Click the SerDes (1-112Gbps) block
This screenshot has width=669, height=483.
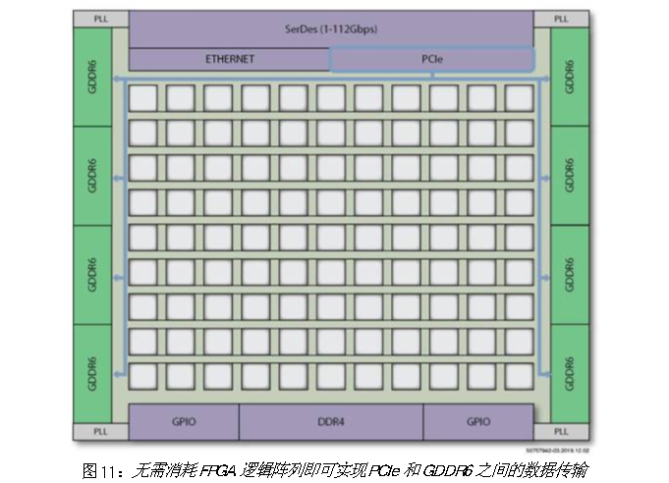point(331,28)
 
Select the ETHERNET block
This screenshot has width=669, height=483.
point(229,59)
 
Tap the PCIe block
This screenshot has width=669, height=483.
point(432,59)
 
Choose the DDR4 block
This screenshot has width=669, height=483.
point(330,422)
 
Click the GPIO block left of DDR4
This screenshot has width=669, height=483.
point(184,422)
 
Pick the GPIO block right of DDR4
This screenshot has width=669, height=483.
point(478,422)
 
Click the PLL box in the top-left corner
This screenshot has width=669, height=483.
point(101,19)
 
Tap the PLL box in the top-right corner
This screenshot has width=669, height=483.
point(561,19)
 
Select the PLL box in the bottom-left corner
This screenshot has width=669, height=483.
point(101,432)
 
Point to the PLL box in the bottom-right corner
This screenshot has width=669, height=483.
point(561,432)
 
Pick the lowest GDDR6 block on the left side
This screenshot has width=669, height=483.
point(93,373)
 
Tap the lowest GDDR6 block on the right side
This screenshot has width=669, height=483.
point(570,373)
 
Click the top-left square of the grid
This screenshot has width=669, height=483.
point(142,97)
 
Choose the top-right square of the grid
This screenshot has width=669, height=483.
point(519,97)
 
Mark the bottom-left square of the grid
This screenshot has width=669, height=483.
point(142,376)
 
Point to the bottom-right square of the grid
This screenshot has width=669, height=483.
point(519,376)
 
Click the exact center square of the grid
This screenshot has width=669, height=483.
point(331,237)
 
